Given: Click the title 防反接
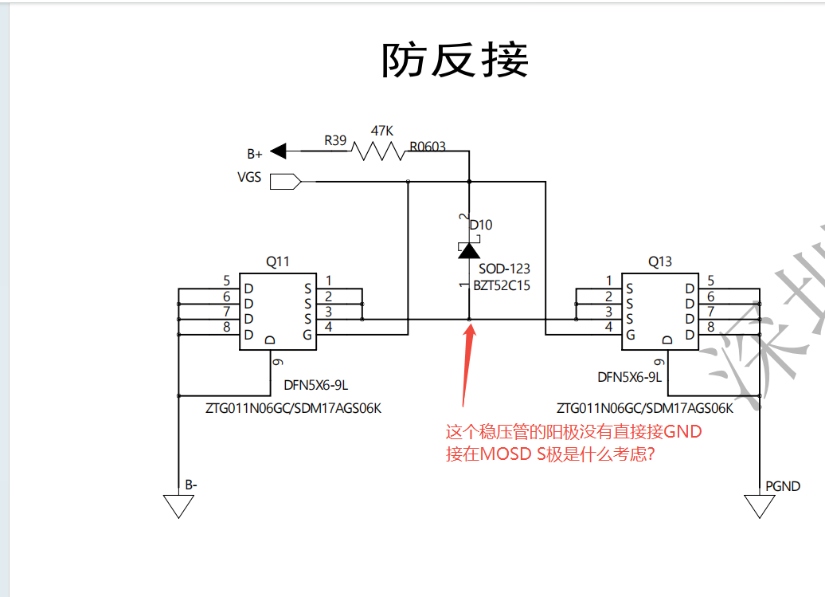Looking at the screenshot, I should point(456,61).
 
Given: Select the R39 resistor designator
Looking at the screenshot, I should point(335,140).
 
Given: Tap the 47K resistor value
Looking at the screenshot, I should point(383,130).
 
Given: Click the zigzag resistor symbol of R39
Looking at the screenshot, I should point(380,151).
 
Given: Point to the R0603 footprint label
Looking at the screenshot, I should point(428,147).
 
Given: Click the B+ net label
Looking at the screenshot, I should point(255,154).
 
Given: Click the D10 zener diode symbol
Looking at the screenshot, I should point(469,249).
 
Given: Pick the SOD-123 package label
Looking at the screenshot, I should point(504,269).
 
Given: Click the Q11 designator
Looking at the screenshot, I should point(278,261).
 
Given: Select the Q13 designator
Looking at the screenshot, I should point(660,261).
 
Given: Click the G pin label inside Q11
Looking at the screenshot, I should point(307,334).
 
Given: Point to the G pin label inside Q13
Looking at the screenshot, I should point(630,334).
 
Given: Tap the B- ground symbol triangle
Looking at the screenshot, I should point(178,506).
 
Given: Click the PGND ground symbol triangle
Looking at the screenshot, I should point(760,506).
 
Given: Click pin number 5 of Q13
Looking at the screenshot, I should point(710,281).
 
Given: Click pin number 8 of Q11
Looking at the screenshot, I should point(227,327).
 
